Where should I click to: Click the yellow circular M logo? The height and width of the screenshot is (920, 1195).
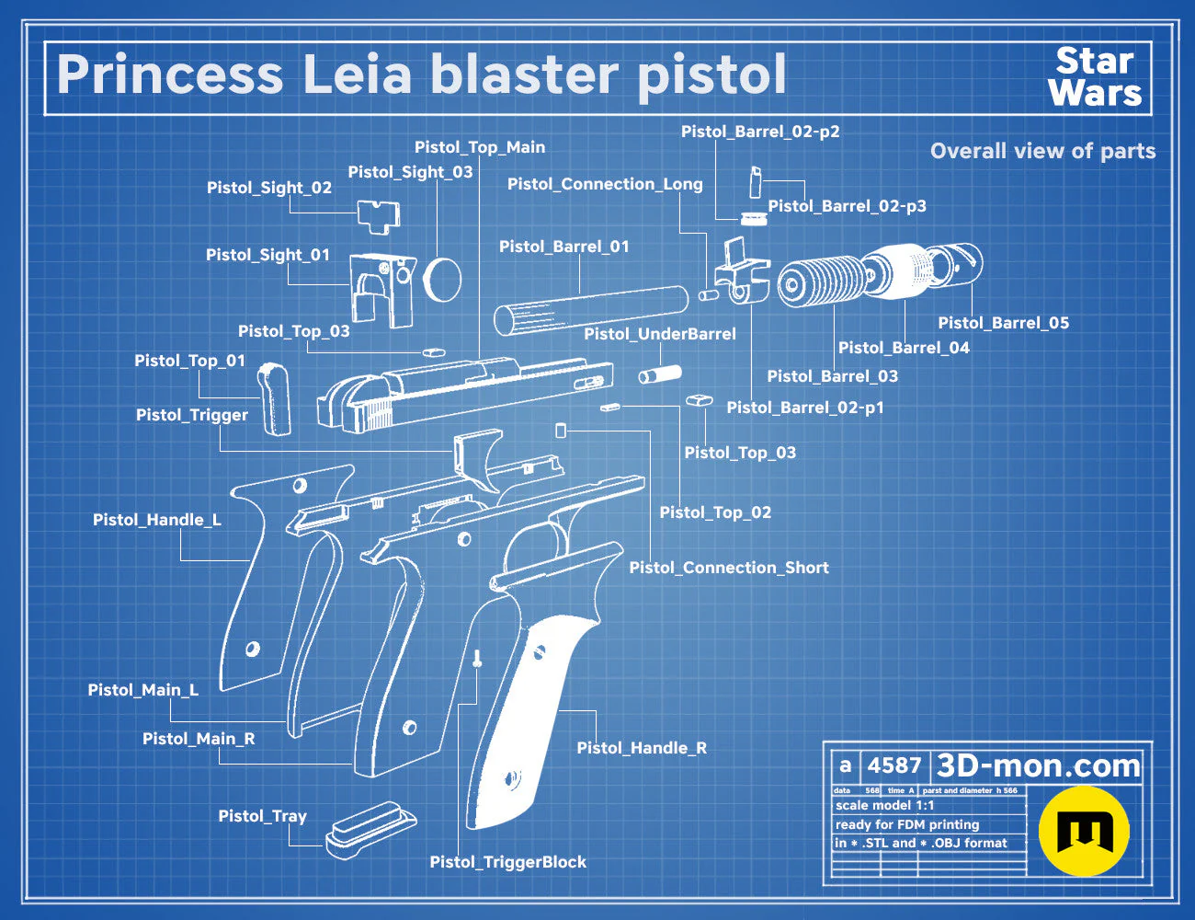pos(1084,831)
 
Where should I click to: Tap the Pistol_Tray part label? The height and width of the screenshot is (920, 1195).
pos(262,816)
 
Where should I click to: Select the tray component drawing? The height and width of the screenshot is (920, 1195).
pos(370,829)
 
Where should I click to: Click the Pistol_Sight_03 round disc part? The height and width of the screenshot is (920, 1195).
pos(442,279)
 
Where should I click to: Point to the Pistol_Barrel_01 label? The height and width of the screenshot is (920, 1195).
pos(563,247)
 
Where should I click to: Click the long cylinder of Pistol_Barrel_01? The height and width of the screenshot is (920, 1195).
pos(591,310)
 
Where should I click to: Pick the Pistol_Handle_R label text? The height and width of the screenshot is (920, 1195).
pos(642,748)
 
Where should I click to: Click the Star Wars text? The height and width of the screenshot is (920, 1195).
pos(1095,77)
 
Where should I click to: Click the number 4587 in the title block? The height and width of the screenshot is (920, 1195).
pos(894,765)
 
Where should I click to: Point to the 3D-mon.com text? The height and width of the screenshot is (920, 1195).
pos(1038,765)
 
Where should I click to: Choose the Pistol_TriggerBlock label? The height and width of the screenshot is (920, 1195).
pos(507,862)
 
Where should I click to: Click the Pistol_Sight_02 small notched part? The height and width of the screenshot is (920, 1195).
pos(379,216)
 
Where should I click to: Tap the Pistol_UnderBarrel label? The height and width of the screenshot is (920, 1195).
pos(659,334)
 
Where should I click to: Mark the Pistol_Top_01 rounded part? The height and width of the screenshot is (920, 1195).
pos(274,399)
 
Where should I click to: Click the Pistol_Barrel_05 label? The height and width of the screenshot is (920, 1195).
pos(1003,323)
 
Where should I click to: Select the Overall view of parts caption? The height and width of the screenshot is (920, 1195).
pos(1042,151)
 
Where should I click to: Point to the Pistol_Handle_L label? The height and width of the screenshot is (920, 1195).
pos(157,520)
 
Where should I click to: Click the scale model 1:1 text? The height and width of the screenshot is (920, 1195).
pos(885,806)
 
